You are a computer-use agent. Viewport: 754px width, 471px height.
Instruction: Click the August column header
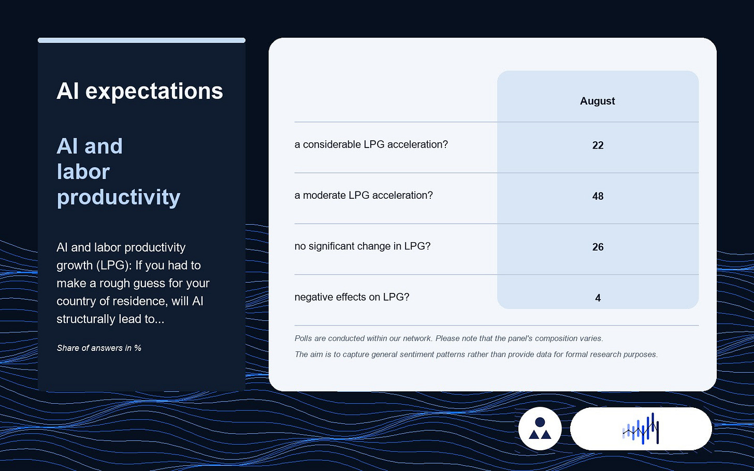pos(597,101)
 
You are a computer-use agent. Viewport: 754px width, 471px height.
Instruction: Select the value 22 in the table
pos(598,145)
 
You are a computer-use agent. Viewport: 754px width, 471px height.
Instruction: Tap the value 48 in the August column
pos(598,196)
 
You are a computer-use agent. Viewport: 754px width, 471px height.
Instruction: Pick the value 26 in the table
pos(598,247)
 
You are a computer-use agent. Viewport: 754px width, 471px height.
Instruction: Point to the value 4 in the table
pos(598,298)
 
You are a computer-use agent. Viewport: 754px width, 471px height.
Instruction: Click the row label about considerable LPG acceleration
pos(371,144)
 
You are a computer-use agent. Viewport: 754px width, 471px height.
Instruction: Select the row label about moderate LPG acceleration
pos(364,195)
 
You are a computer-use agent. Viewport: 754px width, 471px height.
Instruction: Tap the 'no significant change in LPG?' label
pos(362,246)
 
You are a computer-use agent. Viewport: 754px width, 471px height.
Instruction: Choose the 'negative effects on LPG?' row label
pos(352,297)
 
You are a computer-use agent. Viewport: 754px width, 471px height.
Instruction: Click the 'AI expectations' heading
pos(140,91)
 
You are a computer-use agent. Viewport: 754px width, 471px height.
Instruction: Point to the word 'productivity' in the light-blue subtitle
pos(119,198)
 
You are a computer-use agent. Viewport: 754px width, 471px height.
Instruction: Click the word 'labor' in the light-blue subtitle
pos(83,172)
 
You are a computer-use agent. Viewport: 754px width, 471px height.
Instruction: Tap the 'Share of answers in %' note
pos(99,348)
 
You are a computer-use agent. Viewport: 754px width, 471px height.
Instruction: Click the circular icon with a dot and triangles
pos(540,429)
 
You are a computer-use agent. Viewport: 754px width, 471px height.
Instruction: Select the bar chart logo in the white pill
pos(641,429)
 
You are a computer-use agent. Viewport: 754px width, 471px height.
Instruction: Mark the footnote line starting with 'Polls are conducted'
pos(448,338)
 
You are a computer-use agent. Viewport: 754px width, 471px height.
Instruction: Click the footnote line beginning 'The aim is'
pos(476,354)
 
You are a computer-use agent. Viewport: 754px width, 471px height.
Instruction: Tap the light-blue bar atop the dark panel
pos(141,40)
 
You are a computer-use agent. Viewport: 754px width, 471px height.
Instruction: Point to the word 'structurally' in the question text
pos(81,319)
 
